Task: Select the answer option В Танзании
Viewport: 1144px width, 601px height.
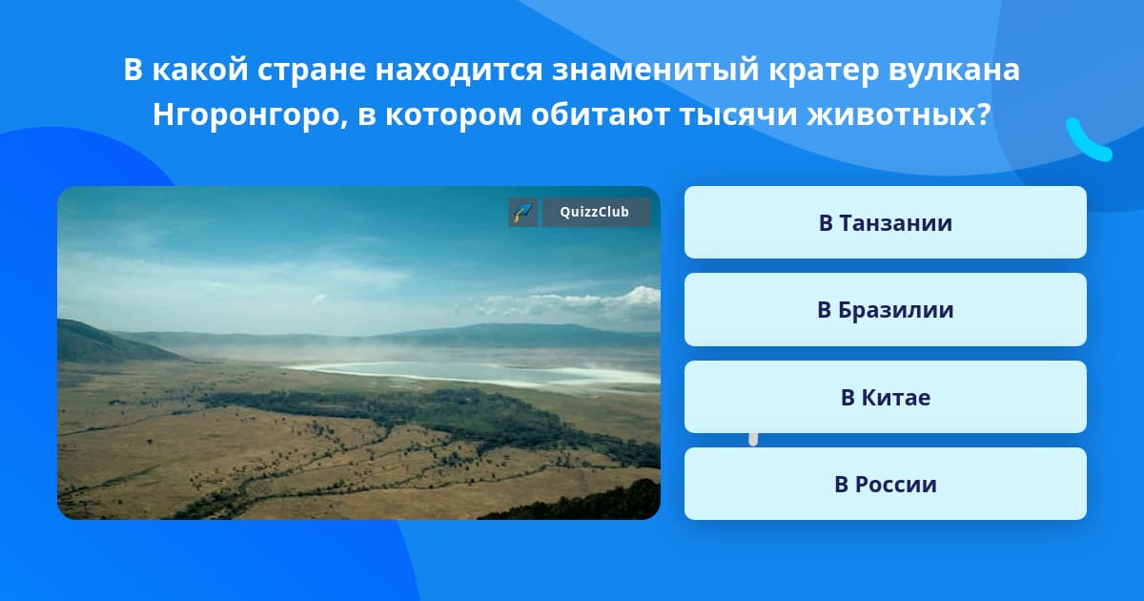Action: (885, 222)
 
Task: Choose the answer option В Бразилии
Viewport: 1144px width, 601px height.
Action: (885, 310)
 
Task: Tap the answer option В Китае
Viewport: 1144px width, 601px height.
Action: (885, 397)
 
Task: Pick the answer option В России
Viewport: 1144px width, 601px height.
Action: (885, 484)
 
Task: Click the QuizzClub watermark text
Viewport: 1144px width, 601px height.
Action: (595, 212)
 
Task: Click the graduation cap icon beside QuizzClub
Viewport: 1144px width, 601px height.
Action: (523, 212)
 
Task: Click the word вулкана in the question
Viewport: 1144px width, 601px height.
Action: (954, 71)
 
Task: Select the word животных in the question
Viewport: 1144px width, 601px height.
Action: (899, 114)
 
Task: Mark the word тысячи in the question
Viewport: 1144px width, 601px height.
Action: (738, 114)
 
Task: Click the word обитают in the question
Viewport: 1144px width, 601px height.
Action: (600, 114)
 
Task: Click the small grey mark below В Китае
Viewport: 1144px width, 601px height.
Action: (753, 440)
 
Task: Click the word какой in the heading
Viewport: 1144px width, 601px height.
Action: (200, 71)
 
